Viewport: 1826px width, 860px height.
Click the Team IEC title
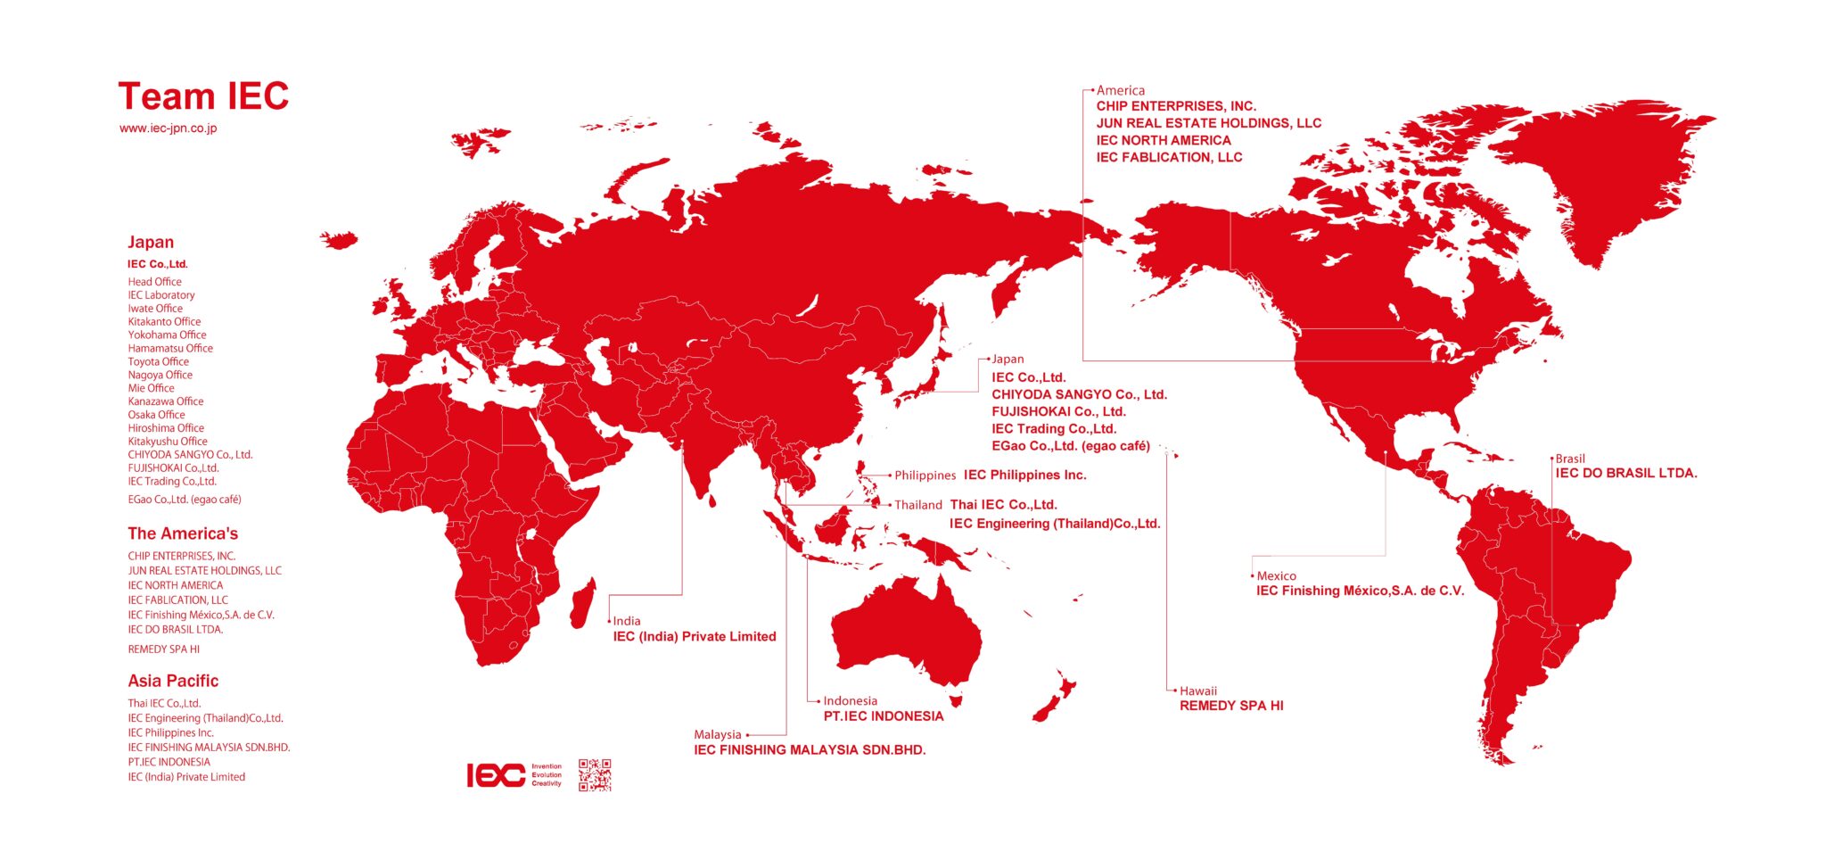[x=203, y=96]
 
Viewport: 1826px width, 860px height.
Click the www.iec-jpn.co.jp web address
[x=168, y=128]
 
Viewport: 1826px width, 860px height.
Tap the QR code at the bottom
[x=595, y=775]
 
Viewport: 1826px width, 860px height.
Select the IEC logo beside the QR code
[x=496, y=775]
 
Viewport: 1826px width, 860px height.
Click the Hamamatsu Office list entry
[x=170, y=349]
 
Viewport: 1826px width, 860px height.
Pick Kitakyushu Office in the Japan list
[x=168, y=442]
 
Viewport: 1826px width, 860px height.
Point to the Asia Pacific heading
[x=173, y=681]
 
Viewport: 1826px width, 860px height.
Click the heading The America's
[x=183, y=533]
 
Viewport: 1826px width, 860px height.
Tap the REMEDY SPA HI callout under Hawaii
[x=1231, y=706]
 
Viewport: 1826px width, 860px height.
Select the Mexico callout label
[x=1276, y=576]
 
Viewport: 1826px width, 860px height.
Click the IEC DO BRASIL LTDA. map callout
[x=1626, y=474]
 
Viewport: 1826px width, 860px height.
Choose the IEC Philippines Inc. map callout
[x=1024, y=475]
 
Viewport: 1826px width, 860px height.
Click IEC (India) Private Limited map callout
[x=695, y=637]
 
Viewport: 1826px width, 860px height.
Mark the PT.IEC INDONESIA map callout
[x=883, y=716]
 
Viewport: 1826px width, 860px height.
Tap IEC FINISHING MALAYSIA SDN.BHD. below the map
[x=810, y=750]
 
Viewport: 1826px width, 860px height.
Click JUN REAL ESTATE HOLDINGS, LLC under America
[x=1208, y=123]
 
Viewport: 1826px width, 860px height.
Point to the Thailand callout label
[x=917, y=505]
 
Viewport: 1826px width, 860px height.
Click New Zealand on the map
[x=1056, y=699]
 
